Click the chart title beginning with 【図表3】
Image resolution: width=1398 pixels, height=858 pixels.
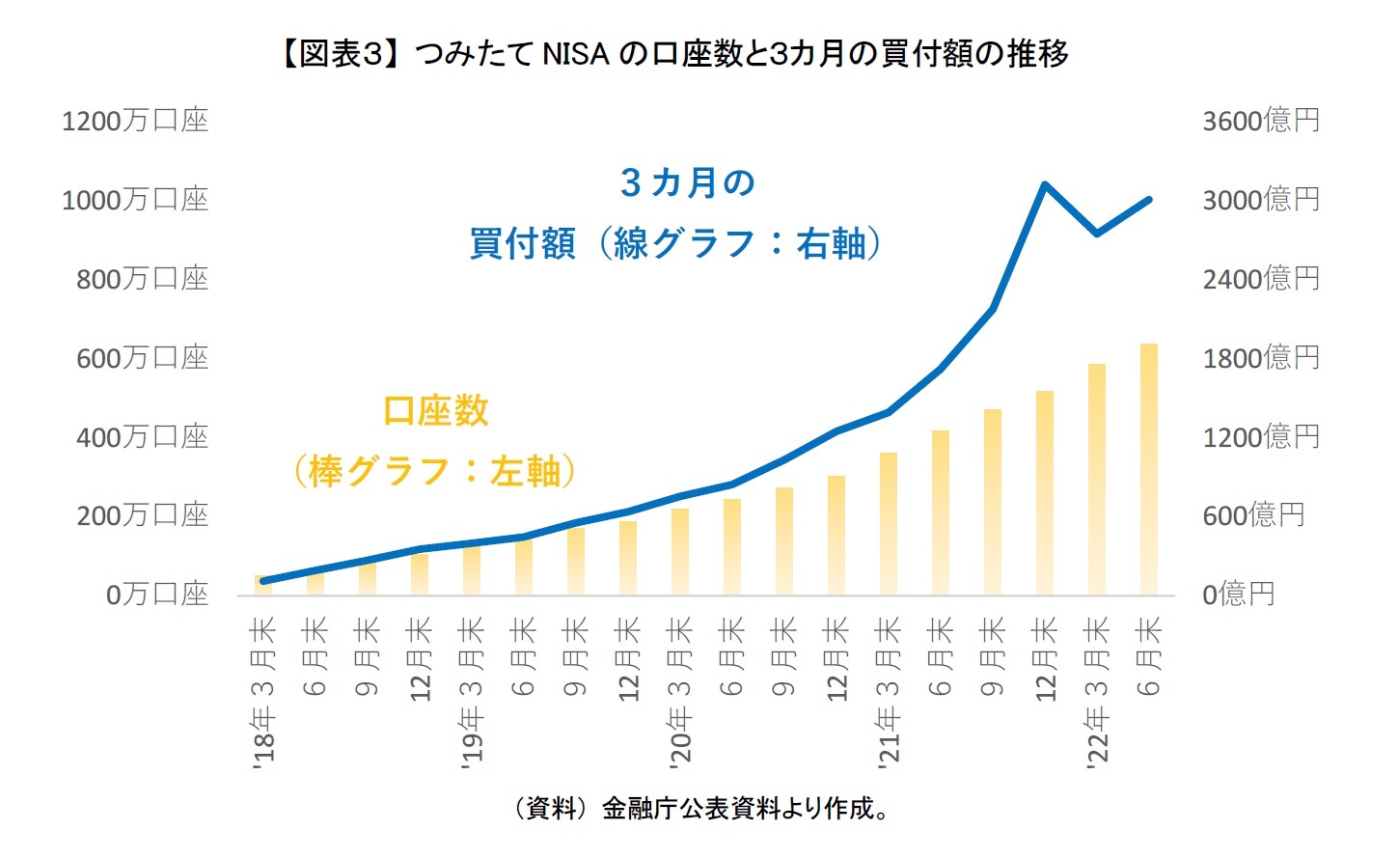(x=672, y=53)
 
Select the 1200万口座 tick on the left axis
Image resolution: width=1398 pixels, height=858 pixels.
(x=134, y=122)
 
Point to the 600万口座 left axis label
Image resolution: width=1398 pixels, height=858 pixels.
(x=142, y=358)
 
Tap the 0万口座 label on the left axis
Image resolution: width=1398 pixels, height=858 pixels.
(x=156, y=595)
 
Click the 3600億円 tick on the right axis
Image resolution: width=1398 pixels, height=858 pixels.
(x=1260, y=122)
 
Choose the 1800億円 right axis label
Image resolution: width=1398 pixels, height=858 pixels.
(x=1260, y=358)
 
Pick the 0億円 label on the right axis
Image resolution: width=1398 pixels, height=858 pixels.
(x=1238, y=595)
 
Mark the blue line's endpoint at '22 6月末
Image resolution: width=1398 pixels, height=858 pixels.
(x=1149, y=200)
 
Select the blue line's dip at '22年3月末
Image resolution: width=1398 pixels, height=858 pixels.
(x=1097, y=234)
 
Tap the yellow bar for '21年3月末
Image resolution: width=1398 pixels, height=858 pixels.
(x=889, y=523)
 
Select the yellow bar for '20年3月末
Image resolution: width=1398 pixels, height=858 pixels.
(x=680, y=551)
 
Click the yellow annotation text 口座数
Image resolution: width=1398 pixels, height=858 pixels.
(x=436, y=411)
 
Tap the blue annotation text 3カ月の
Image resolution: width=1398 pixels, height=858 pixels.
(x=687, y=182)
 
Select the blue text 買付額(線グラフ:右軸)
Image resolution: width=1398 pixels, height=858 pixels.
(x=675, y=243)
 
